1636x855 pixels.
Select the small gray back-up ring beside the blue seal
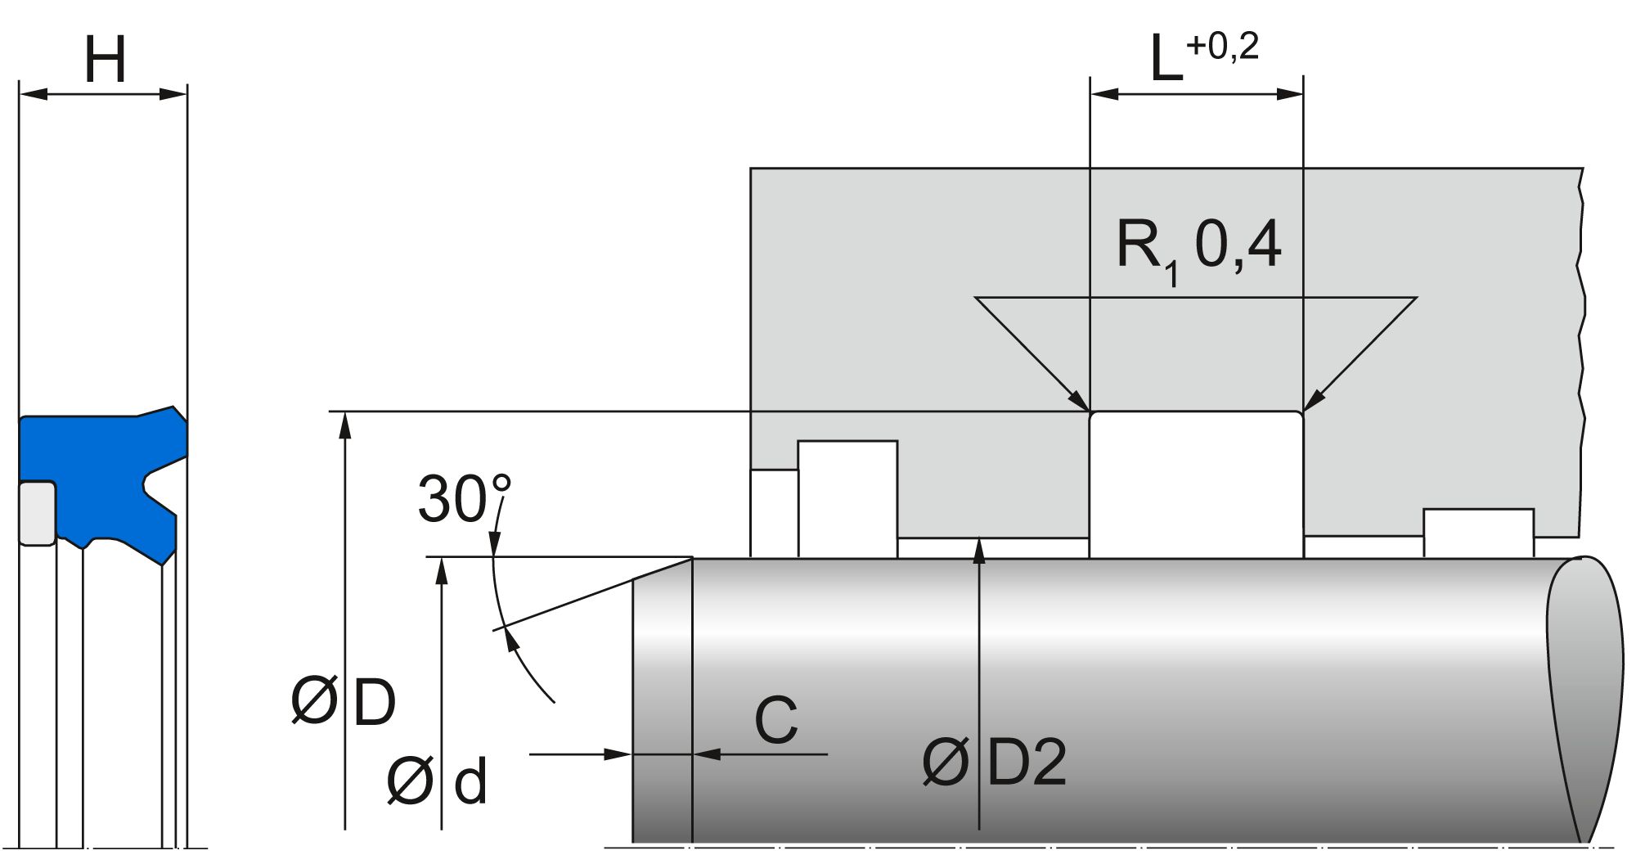[37, 513]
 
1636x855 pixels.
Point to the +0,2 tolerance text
[1222, 47]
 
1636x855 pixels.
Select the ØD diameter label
[344, 701]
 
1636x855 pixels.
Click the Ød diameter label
[437, 781]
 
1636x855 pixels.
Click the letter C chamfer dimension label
[775, 721]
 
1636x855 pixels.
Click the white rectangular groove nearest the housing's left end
[847, 499]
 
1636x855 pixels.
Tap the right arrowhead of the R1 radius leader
[1311, 401]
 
